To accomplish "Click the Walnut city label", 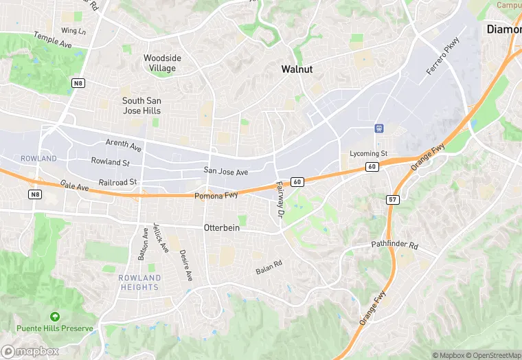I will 297,69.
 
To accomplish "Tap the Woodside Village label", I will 162,63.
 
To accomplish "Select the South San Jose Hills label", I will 141,105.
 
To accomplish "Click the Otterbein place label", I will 222,227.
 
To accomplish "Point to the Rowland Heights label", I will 139,282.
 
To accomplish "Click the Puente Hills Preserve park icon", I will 55,317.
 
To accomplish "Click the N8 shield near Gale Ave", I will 35,194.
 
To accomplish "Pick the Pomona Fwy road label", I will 216,196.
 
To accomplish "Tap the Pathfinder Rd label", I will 394,245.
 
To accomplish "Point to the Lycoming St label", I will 369,153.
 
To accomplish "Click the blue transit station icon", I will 378,128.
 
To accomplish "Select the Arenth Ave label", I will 123,146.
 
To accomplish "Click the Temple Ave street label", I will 53,40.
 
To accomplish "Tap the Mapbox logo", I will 30,351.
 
